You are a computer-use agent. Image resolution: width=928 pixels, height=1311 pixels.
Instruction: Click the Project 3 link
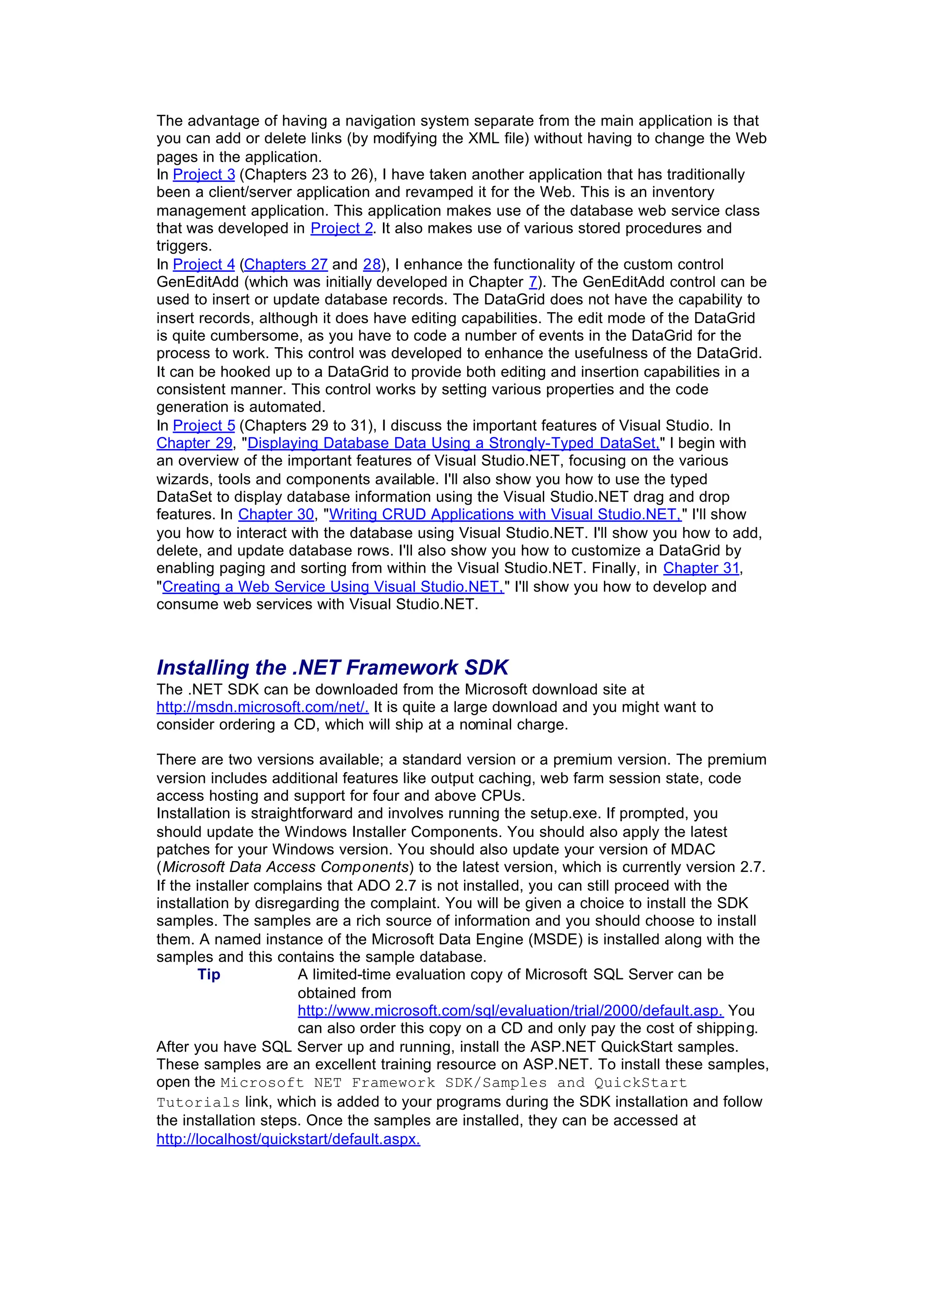[x=204, y=174]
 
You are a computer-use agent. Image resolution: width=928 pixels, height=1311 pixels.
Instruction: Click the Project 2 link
[x=341, y=228]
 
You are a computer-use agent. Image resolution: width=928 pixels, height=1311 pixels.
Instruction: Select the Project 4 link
[x=204, y=264]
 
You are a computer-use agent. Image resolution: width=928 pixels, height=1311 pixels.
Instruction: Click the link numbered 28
[x=372, y=264]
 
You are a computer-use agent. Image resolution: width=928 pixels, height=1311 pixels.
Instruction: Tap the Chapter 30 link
[x=276, y=514]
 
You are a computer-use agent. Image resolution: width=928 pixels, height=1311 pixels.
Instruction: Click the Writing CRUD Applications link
[x=505, y=514]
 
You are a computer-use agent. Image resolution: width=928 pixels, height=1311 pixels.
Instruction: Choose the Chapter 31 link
[x=701, y=568]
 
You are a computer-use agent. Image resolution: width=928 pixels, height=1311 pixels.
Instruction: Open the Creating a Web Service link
[x=333, y=586]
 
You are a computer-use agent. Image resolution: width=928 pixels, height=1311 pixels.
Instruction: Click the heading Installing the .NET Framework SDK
[x=333, y=668]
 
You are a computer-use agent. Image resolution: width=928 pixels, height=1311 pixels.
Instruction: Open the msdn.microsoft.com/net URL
[x=262, y=707]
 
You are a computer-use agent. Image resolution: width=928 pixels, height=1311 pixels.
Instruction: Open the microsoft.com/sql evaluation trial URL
[x=510, y=1011]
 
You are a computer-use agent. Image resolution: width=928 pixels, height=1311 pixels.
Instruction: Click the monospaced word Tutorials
[x=198, y=1103]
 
